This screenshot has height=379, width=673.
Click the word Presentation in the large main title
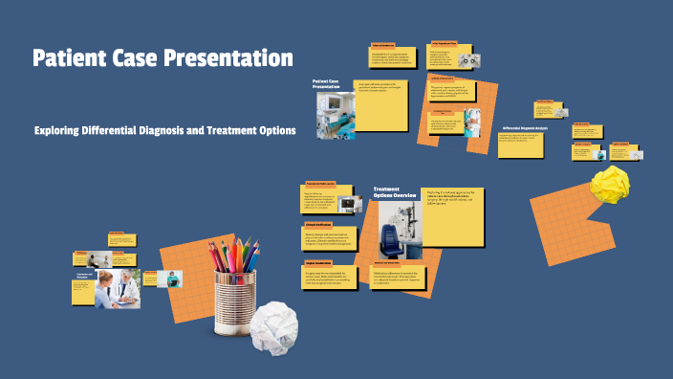(x=225, y=58)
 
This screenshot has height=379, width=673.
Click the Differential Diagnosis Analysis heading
(x=525, y=127)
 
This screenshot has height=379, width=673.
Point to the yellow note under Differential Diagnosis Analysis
(x=520, y=145)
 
